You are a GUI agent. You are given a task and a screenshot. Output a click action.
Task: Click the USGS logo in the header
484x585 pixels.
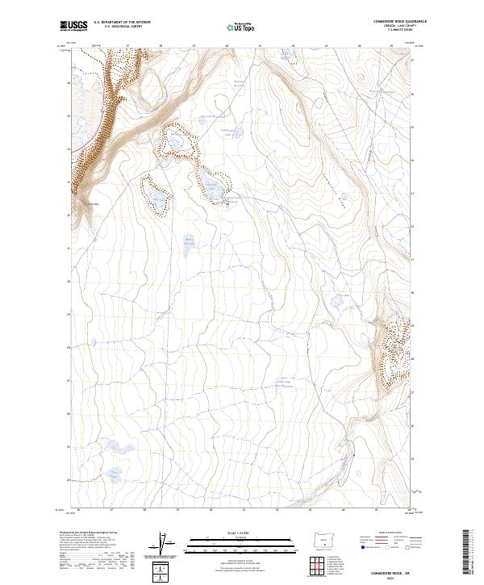(73, 26)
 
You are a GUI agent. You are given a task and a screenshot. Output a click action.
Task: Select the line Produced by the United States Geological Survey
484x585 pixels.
(89, 533)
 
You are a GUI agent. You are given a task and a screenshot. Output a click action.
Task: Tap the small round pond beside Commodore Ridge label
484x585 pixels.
(344, 196)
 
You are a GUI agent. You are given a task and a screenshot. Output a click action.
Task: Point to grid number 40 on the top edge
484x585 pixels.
(227, 46)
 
